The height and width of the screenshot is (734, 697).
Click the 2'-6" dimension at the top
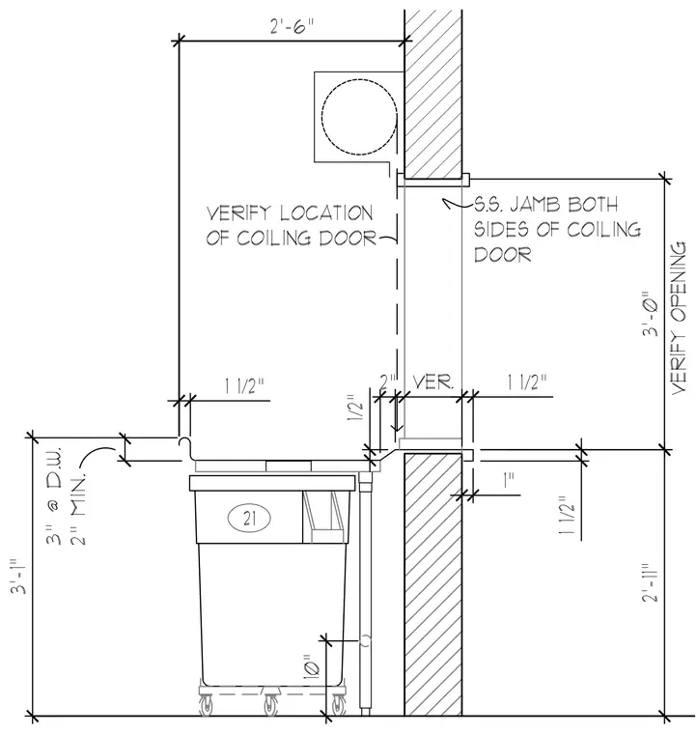(291, 27)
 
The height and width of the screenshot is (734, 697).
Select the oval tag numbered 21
(250, 519)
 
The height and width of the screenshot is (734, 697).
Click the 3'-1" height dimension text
(20, 576)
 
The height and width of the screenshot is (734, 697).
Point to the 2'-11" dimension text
(650, 581)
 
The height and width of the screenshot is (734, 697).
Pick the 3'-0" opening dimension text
(650, 315)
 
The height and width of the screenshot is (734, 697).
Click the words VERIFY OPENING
(679, 318)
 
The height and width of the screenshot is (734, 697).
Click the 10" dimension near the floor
(313, 667)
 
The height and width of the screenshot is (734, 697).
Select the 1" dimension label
(509, 481)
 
